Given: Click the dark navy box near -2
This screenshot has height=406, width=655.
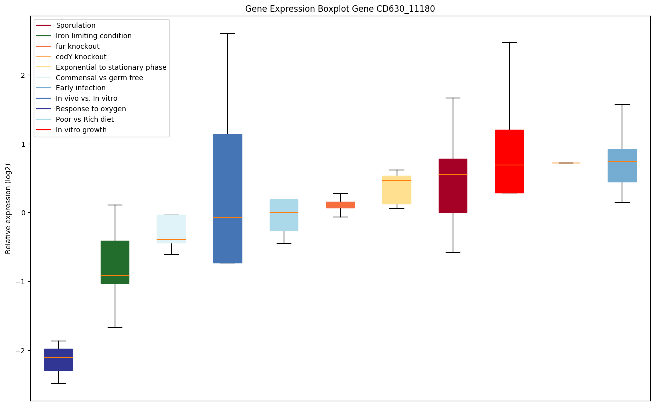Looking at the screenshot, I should pyautogui.click(x=58, y=359).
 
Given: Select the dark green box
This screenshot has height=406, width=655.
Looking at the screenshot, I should pyautogui.click(x=115, y=262).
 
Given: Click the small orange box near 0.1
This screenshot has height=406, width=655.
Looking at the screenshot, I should pyautogui.click(x=340, y=205).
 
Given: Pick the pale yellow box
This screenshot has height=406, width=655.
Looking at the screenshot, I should pyautogui.click(x=397, y=190).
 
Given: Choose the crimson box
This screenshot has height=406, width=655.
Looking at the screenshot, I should pyautogui.click(x=453, y=185).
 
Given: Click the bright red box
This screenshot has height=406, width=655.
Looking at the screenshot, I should pyautogui.click(x=509, y=161).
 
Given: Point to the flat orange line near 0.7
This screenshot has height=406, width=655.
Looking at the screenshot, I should pyautogui.click(x=566, y=163).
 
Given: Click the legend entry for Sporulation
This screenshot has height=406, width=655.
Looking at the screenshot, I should pyautogui.click(x=76, y=25).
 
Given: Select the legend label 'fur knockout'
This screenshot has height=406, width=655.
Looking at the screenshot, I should pyautogui.click(x=78, y=46).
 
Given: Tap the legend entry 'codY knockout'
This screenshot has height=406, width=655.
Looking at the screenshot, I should pyautogui.click(x=81, y=57).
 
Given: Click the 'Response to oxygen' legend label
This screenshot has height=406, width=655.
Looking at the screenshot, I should pyautogui.click(x=91, y=109).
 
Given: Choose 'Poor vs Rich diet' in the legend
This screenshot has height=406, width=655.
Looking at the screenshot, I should pyautogui.click(x=85, y=119).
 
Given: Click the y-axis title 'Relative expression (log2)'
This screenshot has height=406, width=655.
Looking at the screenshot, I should pyautogui.click(x=8, y=208).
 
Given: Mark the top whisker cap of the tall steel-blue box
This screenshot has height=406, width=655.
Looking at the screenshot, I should pyautogui.click(x=227, y=33).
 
